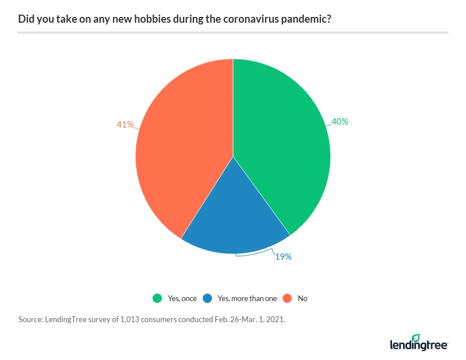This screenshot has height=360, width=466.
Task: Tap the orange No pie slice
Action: point(181,151)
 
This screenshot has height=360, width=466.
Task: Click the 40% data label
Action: point(340,122)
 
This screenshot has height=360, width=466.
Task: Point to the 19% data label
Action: point(283,256)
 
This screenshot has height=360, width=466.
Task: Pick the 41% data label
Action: point(125,124)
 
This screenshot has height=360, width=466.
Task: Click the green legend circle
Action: point(157,298)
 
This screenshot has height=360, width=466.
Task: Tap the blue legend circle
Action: point(207,298)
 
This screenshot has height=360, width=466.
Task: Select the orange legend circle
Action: point(287,298)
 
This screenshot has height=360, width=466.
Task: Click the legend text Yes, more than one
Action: point(247,298)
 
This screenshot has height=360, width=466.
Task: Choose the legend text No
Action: point(302,298)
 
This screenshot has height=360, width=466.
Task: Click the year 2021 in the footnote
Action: point(275,320)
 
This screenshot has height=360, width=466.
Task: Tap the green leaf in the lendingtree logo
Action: point(415,338)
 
